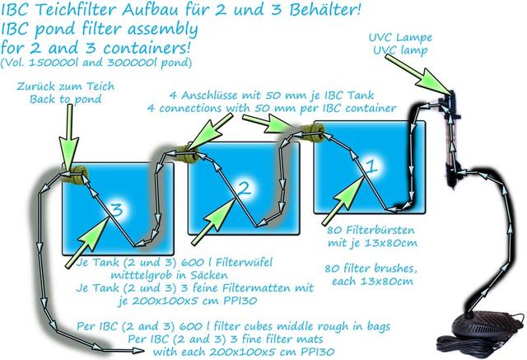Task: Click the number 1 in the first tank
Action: click(370, 166)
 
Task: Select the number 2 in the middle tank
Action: click(244, 189)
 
